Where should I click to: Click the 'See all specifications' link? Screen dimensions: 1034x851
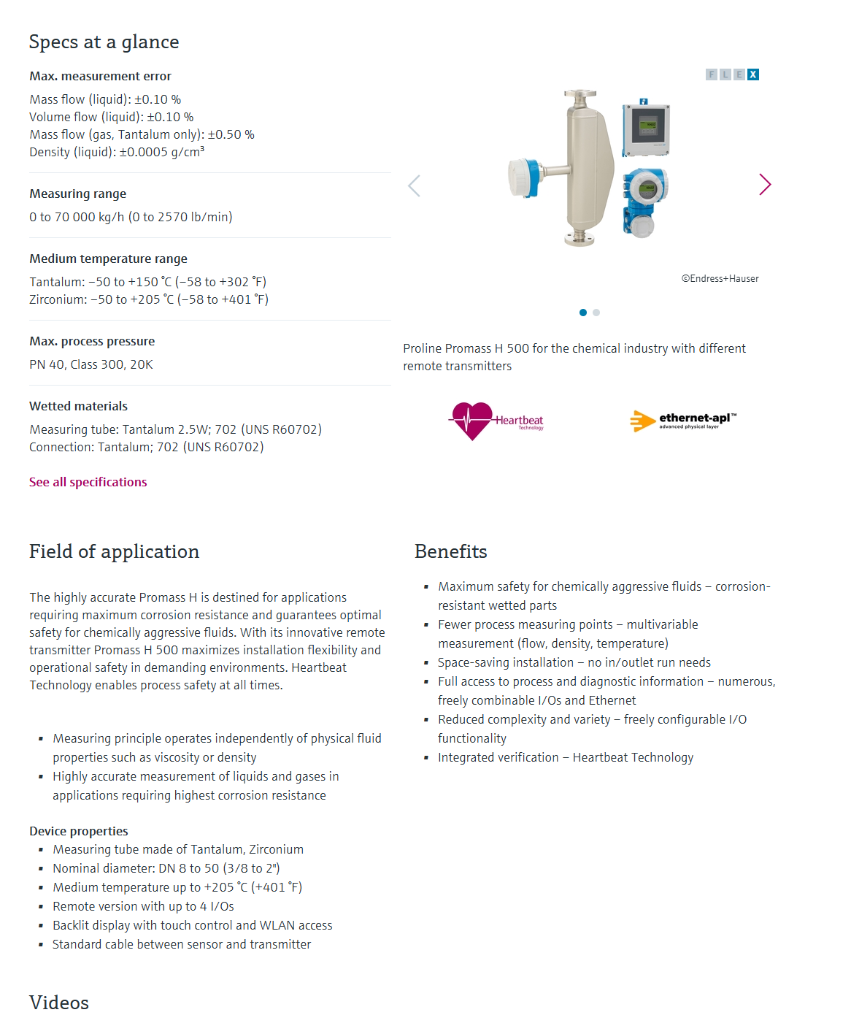[x=88, y=482]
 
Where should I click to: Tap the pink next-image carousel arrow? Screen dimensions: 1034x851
[x=764, y=185]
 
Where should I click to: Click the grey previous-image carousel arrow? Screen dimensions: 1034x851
[x=414, y=186]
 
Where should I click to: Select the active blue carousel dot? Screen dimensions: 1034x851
[x=582, y=313]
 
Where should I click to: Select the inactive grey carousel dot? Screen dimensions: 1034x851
[x=596, y=313]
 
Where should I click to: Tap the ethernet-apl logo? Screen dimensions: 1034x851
[x=683, y=421]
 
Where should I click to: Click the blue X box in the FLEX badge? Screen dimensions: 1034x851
[x=753, y=74]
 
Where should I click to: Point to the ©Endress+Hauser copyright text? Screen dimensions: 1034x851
[x=720, y=278]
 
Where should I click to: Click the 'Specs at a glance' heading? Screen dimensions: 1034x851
[x=104, y=42]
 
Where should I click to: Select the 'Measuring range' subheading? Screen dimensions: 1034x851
[x=77, y=194]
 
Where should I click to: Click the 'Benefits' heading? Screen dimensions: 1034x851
[x=450, y=551]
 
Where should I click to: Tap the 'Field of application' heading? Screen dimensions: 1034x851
[x=114, y=551]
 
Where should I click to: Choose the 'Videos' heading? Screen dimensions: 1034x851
[x=59, y=1003]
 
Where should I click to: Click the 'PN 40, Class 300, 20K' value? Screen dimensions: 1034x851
[x=91, y=364]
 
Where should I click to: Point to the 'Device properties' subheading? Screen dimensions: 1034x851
[x=78, y=831]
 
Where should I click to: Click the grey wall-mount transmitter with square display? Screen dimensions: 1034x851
[x=646, y=130]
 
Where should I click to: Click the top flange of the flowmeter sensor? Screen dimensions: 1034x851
[x=579, y=95]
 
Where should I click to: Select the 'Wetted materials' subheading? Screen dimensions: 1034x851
[x=78, y=406]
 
